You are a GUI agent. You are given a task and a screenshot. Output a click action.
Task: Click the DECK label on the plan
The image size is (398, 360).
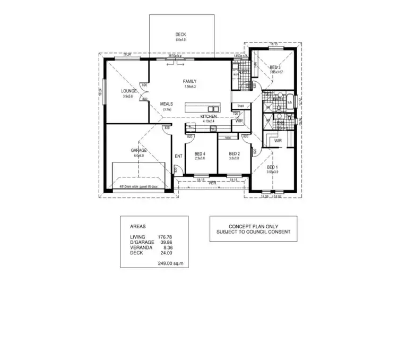coord(181,35)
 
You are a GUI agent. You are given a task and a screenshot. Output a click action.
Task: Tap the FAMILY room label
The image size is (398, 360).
coord(190,81)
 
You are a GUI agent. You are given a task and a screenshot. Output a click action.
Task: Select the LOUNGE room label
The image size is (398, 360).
coord(129,91)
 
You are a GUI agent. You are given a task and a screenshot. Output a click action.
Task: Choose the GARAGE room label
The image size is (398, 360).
coord(139,150)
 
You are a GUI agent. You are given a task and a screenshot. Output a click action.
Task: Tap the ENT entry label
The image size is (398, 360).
coord(178,156)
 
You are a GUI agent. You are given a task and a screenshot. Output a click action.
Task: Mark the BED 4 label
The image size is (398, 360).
coord(200,154)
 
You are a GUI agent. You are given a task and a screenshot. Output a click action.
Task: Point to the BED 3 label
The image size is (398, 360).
coord(274,67)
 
